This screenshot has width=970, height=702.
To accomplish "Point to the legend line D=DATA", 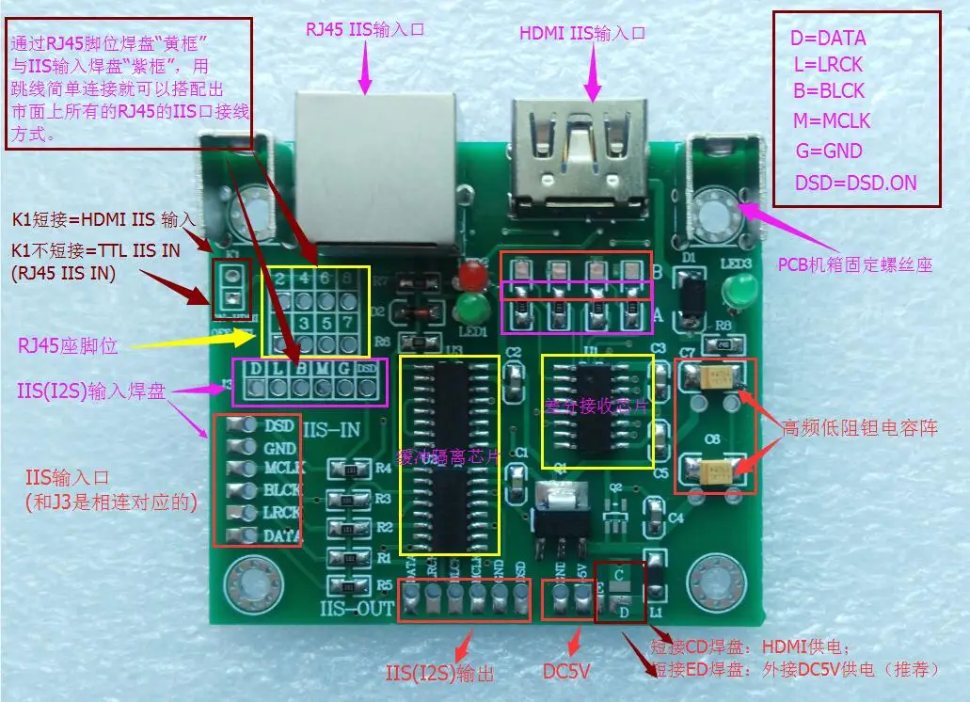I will tap(828, 40).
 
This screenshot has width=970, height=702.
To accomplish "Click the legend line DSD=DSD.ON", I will tap(854, 183).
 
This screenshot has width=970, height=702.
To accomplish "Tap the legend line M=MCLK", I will tap(832, 121).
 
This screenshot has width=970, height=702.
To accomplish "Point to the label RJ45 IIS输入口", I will tap(365, 29).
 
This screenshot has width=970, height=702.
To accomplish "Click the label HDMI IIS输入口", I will tap(582, 33).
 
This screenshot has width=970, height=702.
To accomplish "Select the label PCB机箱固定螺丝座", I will tap(854, 265).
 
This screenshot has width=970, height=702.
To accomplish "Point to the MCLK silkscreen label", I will tap(282, 469).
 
